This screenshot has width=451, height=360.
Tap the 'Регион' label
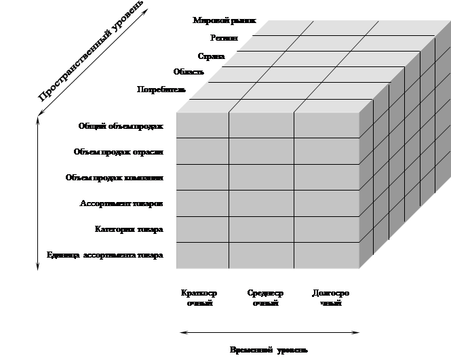(x=224, y=39)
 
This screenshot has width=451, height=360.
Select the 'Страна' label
(x=211, y=56)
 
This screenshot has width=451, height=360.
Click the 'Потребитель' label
(x=161, y=89)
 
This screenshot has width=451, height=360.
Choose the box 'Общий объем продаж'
(x=105, y=125)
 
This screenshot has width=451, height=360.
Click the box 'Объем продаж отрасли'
(x=105, y=152)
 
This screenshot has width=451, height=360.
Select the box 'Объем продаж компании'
(x=105, y=178)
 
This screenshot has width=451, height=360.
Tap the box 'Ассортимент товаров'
(x=105, y=203)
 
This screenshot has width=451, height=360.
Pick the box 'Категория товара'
(x=105, y=230)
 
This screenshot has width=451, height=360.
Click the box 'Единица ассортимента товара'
(x=105, y=256)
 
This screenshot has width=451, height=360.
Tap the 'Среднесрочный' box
(x=265, y=298)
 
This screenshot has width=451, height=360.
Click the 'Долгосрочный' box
(x=331, y=298)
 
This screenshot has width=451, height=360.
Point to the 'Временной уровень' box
(x=269, y=350)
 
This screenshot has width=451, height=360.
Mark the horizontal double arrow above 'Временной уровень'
(x=269, y=332)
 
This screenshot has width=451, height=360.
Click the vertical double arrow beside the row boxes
(x=35, y=193)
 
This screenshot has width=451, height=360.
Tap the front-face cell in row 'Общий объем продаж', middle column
(x=261, y=125)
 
